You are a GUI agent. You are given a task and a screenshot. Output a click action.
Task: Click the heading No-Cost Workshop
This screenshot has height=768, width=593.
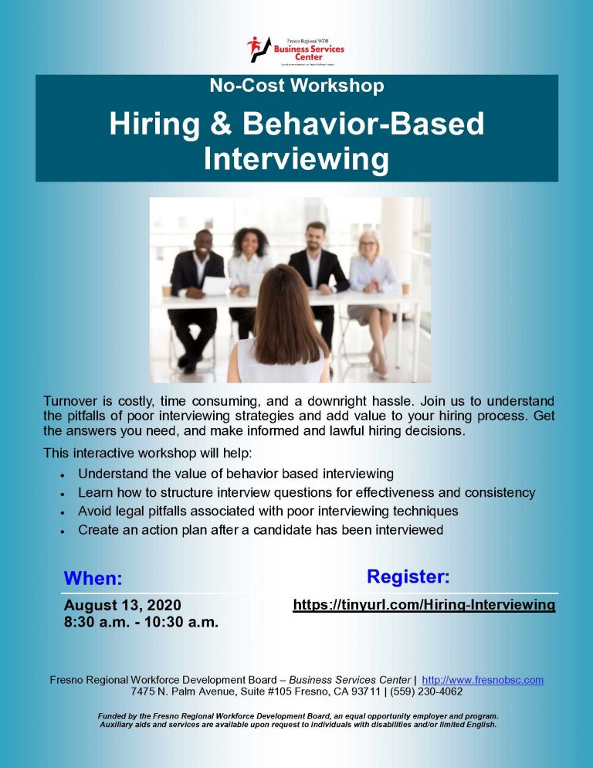click(x=296, y=86)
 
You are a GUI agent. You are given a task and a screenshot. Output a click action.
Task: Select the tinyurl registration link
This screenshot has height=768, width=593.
click(x=424, y=605)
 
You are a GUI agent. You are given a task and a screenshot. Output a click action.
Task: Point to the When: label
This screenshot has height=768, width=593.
click(x=93, y=578)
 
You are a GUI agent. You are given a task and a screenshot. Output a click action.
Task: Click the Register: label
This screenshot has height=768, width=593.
click(x=408, y=576)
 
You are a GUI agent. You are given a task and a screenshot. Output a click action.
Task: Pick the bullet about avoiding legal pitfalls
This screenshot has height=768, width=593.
click(x=268, y=511)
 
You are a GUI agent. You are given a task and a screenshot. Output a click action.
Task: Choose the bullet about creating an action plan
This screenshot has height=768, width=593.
click(x=260, y=530)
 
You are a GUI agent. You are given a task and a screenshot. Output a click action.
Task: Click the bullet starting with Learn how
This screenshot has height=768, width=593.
click(x=307, y=492)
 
